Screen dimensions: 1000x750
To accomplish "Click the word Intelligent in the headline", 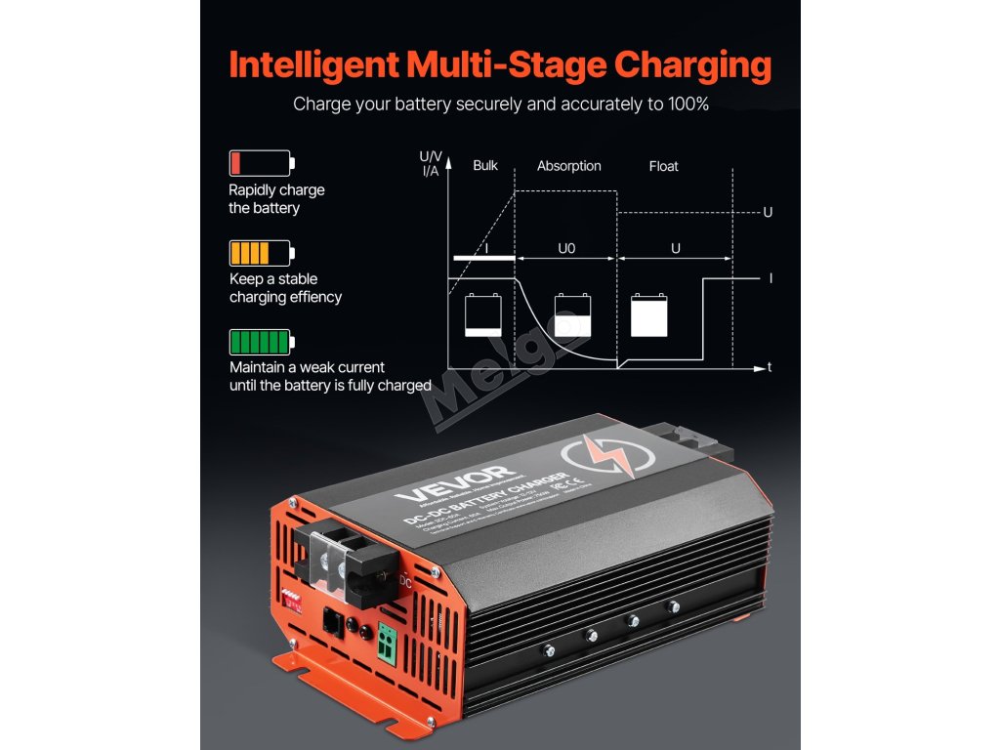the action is pyautogui.click(x=312, y=64).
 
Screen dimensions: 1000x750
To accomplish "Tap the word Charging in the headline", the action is pyautogui.click(x=692, y=64).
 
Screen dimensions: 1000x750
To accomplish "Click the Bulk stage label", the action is pyautogui.click(x=485, y=166).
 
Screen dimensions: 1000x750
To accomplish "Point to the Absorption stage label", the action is pyautogui.click(x=569, y=166).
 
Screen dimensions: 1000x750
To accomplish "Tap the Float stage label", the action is pyautogui.click(x=663, y=166).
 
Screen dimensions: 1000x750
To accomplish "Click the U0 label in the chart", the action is pyautogui.click(x=566, y=249).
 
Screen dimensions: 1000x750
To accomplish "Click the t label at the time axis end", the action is pyautogui.click(x=771, y=368).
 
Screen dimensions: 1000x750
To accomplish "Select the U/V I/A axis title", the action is pyautogui.click(x=430, y=163).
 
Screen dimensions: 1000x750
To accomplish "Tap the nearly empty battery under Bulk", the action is pyautogui.click(x=483, y=315).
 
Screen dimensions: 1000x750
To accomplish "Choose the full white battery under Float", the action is pyautogui.click(x=649, y=315).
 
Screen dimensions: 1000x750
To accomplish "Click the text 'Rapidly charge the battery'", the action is pyautogui.click(x=276, y=199).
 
